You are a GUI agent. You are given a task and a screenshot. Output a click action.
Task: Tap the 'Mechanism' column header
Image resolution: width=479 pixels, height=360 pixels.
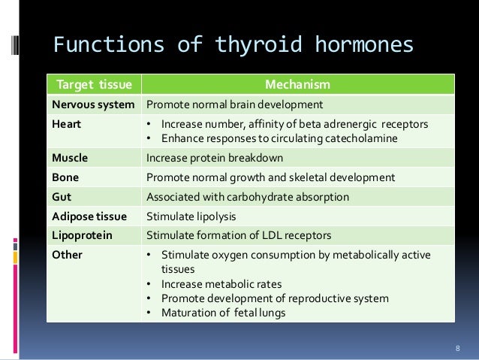click(x=300, y=84)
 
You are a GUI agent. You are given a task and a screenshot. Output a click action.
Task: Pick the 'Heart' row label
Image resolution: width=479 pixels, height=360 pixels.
click(x=65, y=123)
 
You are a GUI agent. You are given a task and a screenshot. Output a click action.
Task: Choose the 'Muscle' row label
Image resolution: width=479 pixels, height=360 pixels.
click(x=69, y=159)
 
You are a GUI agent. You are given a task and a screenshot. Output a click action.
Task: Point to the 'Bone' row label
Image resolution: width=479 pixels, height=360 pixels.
click(x=65, y=178)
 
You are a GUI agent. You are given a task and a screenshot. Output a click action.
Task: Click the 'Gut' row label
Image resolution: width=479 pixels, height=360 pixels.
click(x=62, y=198)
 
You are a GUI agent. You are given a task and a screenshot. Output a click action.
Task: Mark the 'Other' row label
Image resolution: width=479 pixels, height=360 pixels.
click(x=66, y=255)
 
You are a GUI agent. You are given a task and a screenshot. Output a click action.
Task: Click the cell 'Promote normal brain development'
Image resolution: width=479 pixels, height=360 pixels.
click(x=234, y=104)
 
